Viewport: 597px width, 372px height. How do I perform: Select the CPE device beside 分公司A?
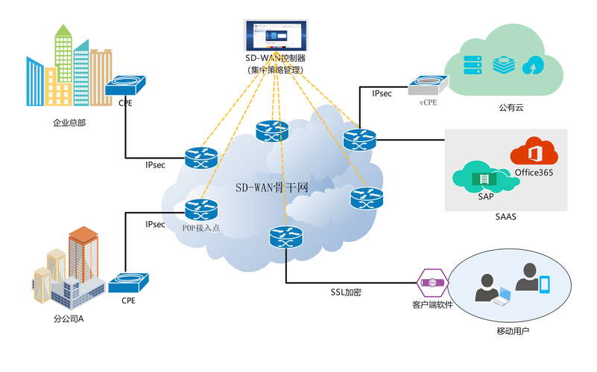(127, 283)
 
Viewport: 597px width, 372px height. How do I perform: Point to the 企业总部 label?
(69, 123)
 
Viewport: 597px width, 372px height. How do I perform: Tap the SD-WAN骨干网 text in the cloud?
(272, 187)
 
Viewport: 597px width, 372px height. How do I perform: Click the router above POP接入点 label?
(200, 208)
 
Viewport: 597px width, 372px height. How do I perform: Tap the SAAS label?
(505, 217)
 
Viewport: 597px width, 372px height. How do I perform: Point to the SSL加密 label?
(346, 292)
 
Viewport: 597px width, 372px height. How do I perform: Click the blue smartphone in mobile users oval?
(545, 284)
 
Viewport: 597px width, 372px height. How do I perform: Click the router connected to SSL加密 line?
(286, 237)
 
